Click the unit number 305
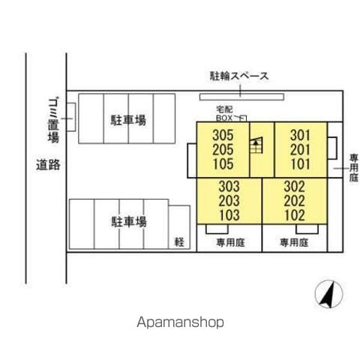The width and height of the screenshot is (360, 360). click(x=223, y=135)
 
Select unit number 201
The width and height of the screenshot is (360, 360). click(x=300, y=150)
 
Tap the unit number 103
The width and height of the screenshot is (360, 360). click(x=229, y=215)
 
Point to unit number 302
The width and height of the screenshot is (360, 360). click(x=295, y=187)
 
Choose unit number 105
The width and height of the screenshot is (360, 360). click(x=223, y=164)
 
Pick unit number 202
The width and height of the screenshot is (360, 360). click(x=295, y=201)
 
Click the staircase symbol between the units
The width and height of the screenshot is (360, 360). click(x=256, y=145)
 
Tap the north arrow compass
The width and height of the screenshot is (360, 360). click(x=328, y=294)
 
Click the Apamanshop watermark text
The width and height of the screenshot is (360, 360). click(x=180, y=322)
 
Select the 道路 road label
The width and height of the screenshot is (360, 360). click(x=48, y=165)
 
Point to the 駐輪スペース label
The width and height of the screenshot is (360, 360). click(x=239, y=76)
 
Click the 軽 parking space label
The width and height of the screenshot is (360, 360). click(x=179, y=242)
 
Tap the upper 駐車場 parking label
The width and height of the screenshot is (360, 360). click(x=128, y=120)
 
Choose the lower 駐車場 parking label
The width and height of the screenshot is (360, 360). click(x=129, y=221)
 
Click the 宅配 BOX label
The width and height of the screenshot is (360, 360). click(x=224, y=113)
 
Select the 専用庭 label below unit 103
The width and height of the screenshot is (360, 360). click(x=230, y=242)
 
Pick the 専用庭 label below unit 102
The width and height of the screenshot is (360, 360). click(x=294, y=242)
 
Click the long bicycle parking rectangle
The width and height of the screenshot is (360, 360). click(x=241, y=97)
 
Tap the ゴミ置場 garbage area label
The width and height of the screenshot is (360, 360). click(x=53, y=120)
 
